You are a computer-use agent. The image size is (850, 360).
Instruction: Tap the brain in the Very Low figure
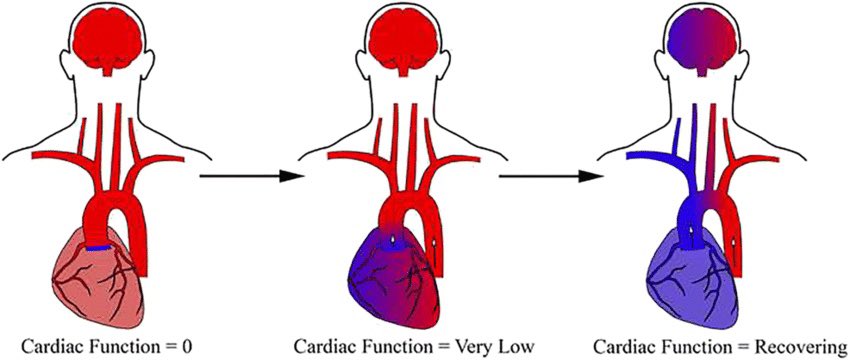(404, 43)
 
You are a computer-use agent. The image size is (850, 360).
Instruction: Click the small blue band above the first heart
(99, 246)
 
